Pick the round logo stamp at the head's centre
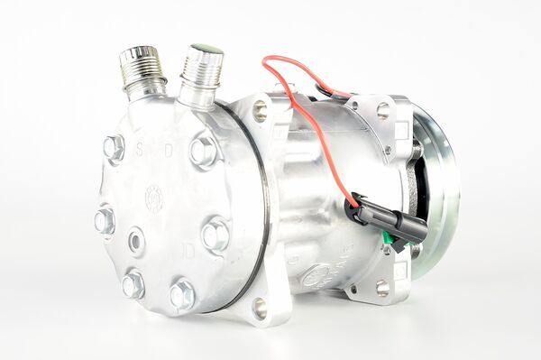pyautogui.click(x=154, y=198)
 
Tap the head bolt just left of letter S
pyautogui.click(x=114, y=148)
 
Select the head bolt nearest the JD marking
pyautogui.click(x=215, y=235)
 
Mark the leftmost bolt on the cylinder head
pyautogui.click(x=105, y=219)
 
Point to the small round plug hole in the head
pyautogui.click(x=136, y=240)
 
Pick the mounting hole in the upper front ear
pyautogui.click(x=261, y=111)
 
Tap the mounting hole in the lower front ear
pyautogui.click(x=261, y=308)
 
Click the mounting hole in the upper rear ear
pyautogui.click(x=382, y=111)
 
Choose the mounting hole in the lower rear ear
pyautogui.click(x=382, y=287)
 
